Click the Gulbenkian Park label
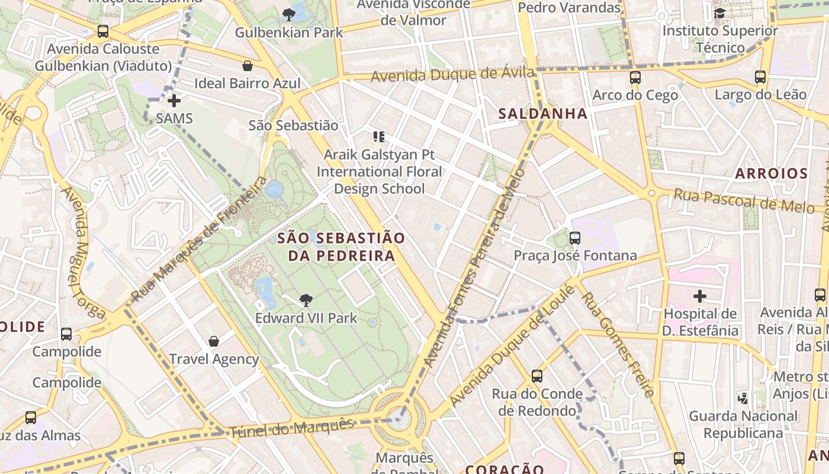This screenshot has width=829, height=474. [x=289, y=32]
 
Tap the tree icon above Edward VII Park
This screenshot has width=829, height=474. [x=306, y=300]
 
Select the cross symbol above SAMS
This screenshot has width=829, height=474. [x=174, y=101]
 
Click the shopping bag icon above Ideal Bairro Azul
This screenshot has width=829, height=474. [x=248, y=66]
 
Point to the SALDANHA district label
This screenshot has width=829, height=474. [x=543, y=114]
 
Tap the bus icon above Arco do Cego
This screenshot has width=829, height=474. [x=635, y=77]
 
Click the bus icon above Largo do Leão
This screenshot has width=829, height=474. [x=760, y=76]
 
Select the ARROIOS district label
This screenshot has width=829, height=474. [x=771, y=174]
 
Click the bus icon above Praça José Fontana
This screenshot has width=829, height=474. [x=574, y=238]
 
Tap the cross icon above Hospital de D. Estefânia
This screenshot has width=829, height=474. [x=700, y=296]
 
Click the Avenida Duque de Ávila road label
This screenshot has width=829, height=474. [x=452, y=75]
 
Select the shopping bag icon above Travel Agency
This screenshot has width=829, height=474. [x=214, y=341]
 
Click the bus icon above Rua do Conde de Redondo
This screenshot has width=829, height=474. [x=537, y=376]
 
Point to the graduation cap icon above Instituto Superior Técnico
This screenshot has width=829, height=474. [x=719, y=13]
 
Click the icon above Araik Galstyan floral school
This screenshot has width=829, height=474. [x=379, y=137]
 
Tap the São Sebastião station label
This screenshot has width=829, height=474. [x=293, y=126]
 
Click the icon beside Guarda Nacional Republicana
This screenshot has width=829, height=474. [x=743, y=398]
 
